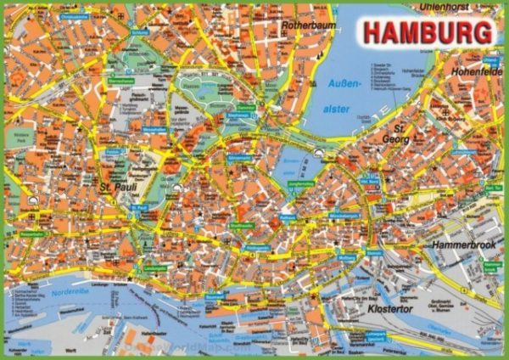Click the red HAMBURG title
click(x=428, y=31)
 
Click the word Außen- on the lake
click(x=344, y=84)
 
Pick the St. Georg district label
click(x=395, y=132)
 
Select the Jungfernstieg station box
click(x=301, y=183)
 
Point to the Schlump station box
click(x=139, y=33)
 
